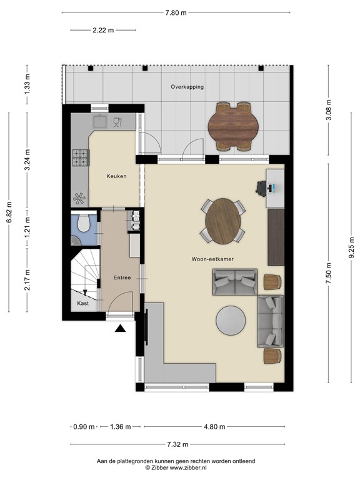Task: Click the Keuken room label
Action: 116,176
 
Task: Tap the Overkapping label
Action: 187,87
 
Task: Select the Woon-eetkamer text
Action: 212,259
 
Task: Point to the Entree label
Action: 122,277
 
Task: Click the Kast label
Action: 83,303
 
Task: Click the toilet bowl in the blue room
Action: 83,223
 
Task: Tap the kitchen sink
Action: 100,121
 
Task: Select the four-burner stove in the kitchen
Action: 80,157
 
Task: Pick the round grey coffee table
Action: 231,321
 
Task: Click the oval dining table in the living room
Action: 223,221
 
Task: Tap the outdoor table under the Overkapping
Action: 233,126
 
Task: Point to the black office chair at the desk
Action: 261,187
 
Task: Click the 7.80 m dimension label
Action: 176,13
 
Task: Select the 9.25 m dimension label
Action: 352,248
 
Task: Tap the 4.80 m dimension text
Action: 214,427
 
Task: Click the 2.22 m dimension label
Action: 103,30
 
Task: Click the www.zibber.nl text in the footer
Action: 188,467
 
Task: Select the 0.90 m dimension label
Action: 84,427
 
